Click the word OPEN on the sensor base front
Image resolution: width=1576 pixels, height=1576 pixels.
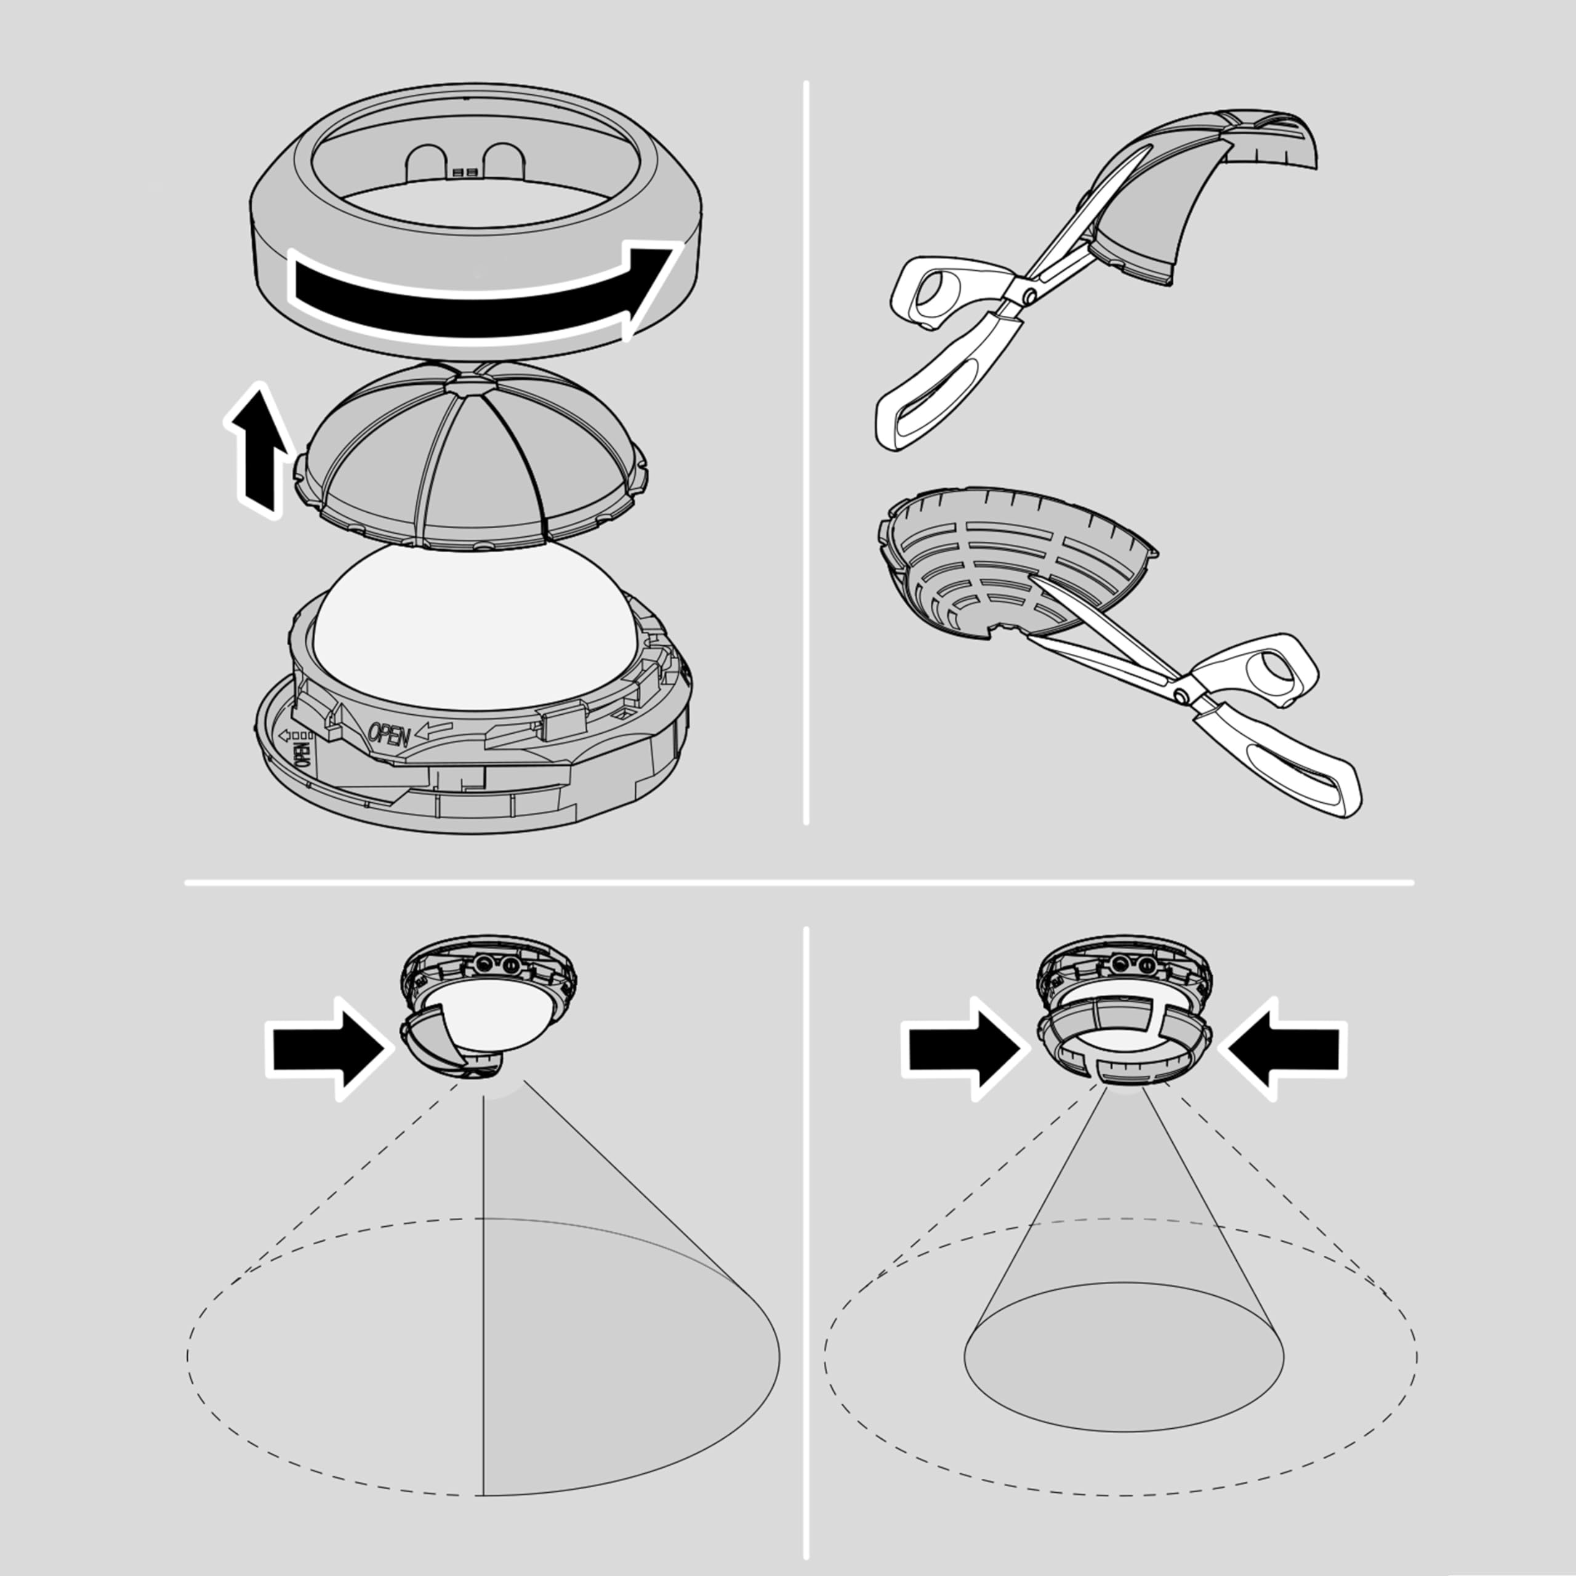point(389,734)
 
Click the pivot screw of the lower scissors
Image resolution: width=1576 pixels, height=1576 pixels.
point(1182,695)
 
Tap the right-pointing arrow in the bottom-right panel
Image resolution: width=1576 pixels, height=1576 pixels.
point(963,1048)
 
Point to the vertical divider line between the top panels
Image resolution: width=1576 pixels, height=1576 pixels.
point(806,457)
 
